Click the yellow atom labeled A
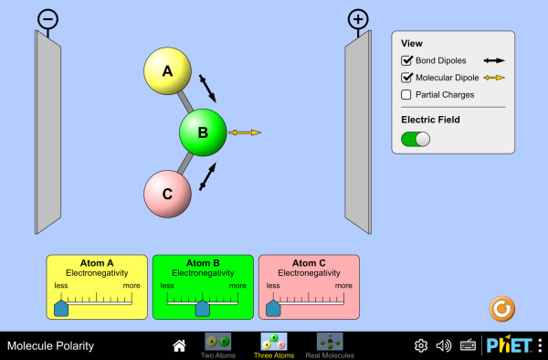pos(168,71)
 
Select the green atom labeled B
pos(203,132)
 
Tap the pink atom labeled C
pos(168,194)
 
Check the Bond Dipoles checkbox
pos(406,60)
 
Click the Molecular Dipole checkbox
pos(406,78)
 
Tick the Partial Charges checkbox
pos(406,94)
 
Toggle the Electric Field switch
pos(416,139)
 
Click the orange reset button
pos(501,309)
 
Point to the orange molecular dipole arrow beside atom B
pos(245,132)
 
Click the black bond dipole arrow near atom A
pos(207,89)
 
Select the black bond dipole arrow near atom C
pos(207,176)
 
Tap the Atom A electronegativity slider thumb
pos(61,308)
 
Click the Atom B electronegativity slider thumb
pos(203,308)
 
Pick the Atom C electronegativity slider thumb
pos(273,308)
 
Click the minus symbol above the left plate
pos(47,19)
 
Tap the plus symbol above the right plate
pos(358,19)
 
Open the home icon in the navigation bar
pos(179,345)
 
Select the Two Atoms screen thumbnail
pos(217,342)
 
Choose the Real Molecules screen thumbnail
pos(330,342)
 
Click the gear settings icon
pos(421,345)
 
